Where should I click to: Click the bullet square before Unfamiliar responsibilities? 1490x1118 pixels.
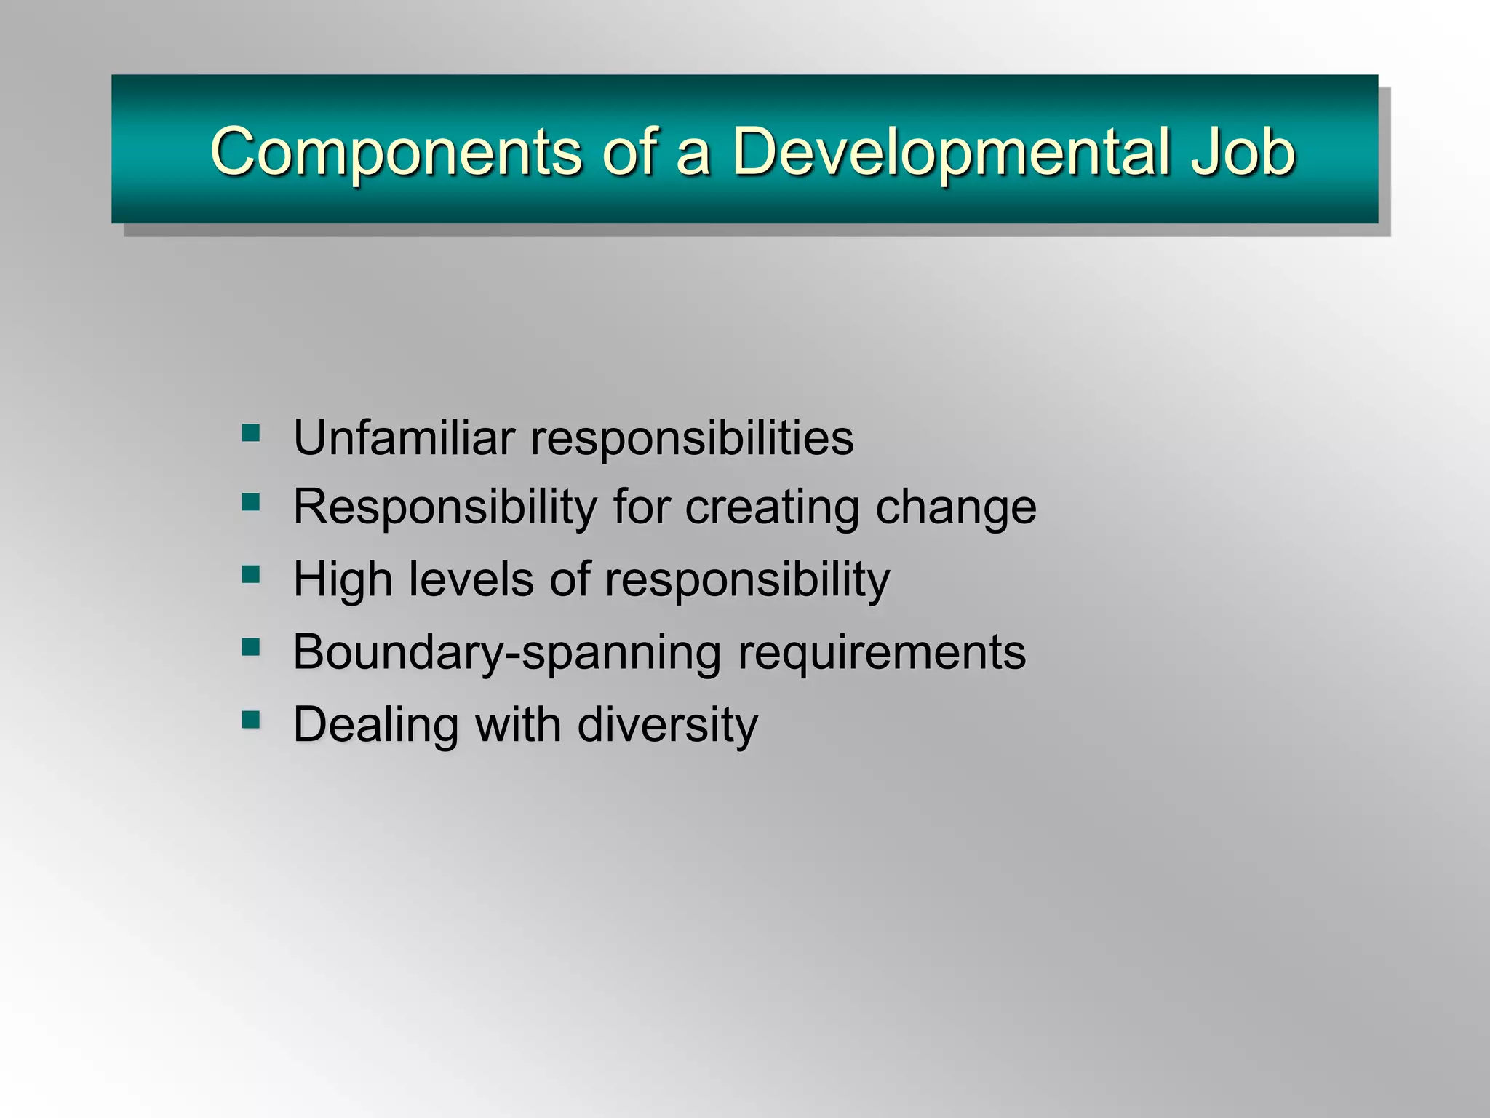pyautogui.click(x=251, y=434)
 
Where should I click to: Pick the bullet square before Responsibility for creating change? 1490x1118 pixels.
pyautogui.click(x=251, y=502)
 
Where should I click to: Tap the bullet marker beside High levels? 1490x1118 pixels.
pyautogui.click(x=251, y=575)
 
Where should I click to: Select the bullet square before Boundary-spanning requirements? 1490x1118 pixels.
pyautogui.click(x=251, y=647)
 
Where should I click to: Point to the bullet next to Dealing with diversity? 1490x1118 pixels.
pyautogui.click(x=251, y=720)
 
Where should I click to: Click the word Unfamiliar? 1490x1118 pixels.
pyautogui.click(x=404, y=438)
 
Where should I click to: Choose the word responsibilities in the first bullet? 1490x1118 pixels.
pyautogui.click(x=692, y=438)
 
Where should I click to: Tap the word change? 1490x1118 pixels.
pyautogui.click(x=956, y=507)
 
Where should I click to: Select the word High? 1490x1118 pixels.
pyautogui.click(x=342, y=580)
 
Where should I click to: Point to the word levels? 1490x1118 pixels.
pyautogui.click(x=471, y=580)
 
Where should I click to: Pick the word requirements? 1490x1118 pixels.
pyautogui.click(x=882, y=653)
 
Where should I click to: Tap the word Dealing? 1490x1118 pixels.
pyautogui.click(x=375, y=726)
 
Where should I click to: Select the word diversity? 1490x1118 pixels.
pyautogui.click(x=667, y=726)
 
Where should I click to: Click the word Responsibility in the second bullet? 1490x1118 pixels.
pyautogui.click(x=445, y=507)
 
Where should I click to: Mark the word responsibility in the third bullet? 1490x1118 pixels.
pyautogui.click(x=747, y=580)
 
